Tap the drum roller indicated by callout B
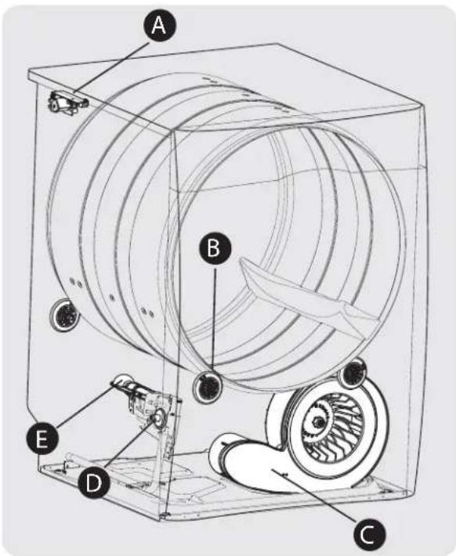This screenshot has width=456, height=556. pyautogui.click(x=209, y=385)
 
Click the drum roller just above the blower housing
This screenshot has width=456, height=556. pyautogui.click(x=352, y=372)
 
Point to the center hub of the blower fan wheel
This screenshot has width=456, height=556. pyautogui.click(x=323, y=424)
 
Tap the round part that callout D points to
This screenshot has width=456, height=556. pyautogui.click(x=157, y=419)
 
